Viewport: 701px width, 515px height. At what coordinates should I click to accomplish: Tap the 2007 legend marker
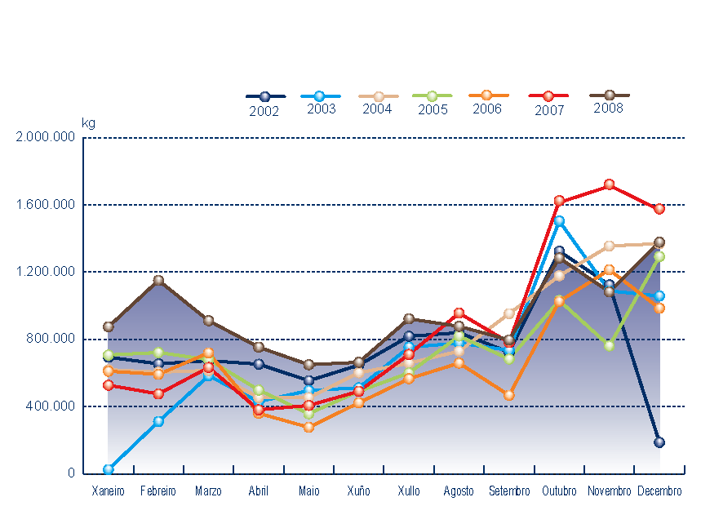548,96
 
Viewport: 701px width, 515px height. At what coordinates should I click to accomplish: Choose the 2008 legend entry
609,95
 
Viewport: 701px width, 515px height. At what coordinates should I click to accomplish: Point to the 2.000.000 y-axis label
45,137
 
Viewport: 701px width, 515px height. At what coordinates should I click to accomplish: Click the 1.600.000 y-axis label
45,205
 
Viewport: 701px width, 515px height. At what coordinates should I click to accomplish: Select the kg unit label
88,123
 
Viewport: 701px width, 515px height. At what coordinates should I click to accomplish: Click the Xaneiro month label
108,491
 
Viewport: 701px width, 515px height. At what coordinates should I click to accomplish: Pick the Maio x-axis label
309,491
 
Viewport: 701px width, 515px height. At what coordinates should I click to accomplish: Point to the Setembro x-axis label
509,491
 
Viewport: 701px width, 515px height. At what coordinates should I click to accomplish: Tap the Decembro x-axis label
659,491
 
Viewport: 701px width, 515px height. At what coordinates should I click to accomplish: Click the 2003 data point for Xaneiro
109,469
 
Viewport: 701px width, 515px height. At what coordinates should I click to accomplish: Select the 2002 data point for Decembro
659,442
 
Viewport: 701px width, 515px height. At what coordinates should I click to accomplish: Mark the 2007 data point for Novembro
609,185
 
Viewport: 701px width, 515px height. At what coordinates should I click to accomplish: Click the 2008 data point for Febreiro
159,281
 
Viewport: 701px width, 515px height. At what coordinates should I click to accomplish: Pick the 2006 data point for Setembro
509,395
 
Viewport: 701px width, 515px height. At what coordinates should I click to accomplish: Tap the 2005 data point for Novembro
609,346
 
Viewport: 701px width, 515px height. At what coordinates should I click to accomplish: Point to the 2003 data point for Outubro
559,220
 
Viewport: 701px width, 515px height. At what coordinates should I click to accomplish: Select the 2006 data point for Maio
309,427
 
